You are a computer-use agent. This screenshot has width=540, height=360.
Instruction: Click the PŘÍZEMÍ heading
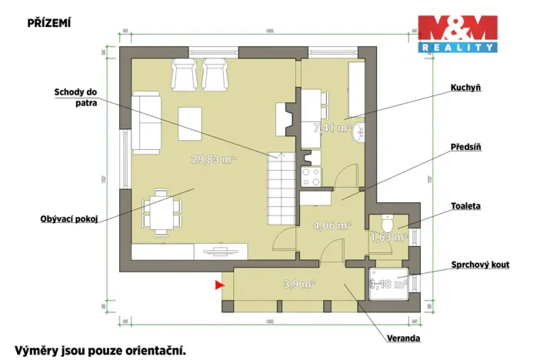tap(48, 22)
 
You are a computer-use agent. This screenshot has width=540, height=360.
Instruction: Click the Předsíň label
tap(466, 146)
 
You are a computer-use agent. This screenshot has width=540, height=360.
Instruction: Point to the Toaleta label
tap(466, 206)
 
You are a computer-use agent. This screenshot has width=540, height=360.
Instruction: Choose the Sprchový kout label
tap(480, 265)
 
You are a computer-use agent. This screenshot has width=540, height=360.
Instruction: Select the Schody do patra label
tap(75, 97)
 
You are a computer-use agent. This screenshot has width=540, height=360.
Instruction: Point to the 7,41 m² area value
tap(332, 128)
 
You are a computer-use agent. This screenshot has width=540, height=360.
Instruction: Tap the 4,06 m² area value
tap(332, 225)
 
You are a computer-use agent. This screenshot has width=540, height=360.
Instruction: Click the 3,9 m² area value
tap(298, 284)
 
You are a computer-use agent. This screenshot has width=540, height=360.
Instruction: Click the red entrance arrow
tap(219, 285)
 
